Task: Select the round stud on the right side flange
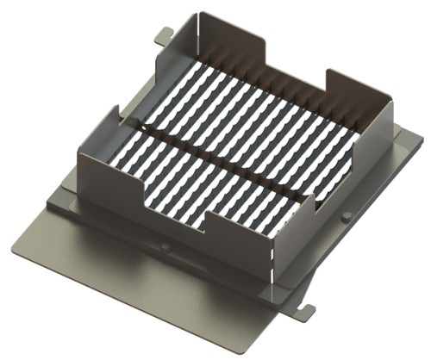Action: [x=346, y=215]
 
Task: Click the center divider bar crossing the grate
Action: [x=220, y=163]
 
